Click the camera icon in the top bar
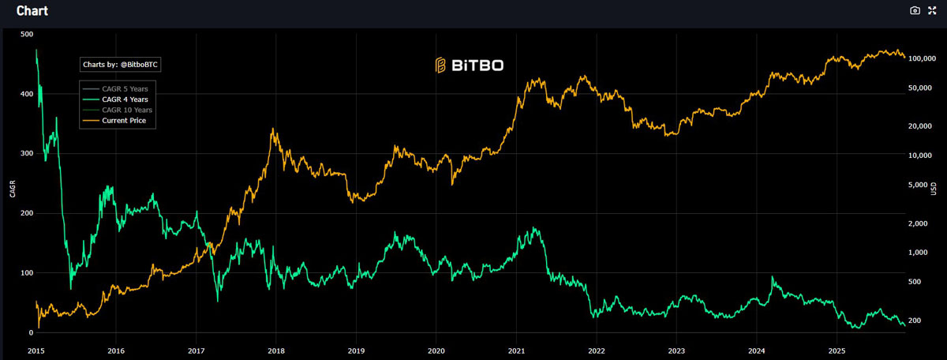pos(915,10)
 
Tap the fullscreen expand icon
pos(933,10)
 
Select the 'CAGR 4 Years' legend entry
pos(125,99)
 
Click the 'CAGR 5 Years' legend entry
pos(125,88)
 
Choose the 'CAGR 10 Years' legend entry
pos(127,110)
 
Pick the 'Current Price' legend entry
pos(124,121)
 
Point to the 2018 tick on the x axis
pos(276,350)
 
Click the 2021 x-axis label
pos(517,350)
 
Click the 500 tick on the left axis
pos(26,34)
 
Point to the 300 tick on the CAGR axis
pos(26,153)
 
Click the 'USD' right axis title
pos(934,189)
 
